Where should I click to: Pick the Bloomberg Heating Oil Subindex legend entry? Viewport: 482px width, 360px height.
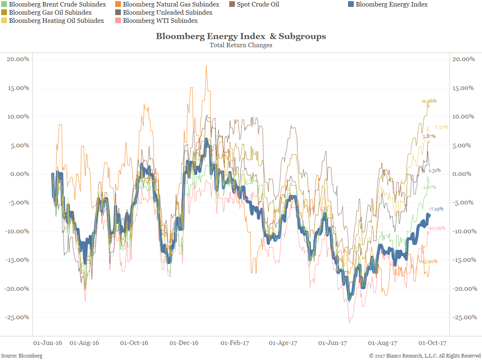56,20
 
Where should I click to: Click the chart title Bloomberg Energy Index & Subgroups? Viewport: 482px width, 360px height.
241,36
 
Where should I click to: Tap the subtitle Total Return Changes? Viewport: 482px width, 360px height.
241,45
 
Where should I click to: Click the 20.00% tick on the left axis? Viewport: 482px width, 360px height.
18,59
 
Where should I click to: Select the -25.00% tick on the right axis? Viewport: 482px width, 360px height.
464,317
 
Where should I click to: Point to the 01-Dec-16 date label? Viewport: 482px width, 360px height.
184,343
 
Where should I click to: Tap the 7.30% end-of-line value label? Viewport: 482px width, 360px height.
441,127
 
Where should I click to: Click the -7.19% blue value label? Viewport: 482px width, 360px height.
436,209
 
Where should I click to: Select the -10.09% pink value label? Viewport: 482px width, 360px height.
436,228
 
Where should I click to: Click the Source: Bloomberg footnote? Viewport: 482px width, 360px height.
24,356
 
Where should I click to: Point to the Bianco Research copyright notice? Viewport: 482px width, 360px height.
425,356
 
